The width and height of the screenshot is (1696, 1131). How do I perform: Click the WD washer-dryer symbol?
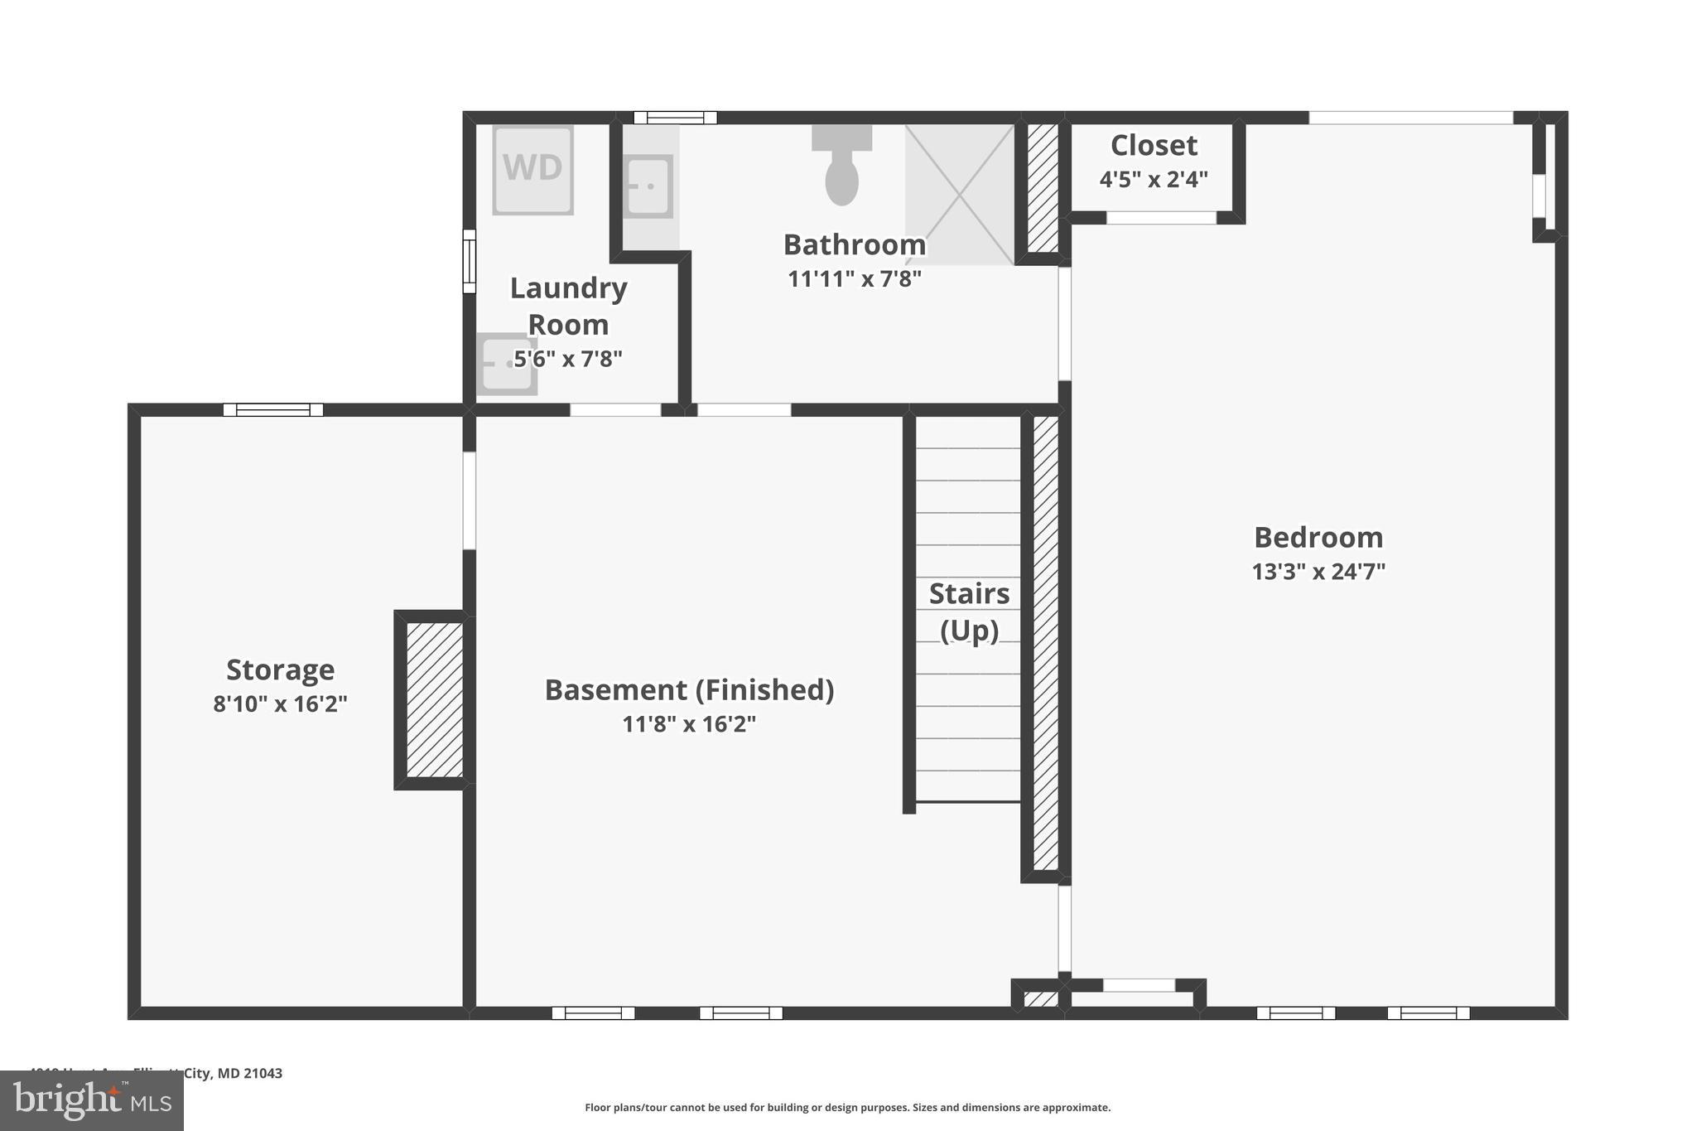click(532, 169)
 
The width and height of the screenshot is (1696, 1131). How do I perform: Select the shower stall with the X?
click(960, 195)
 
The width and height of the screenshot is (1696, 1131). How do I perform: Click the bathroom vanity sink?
click(647, 186)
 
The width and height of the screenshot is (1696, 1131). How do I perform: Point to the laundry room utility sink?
click(506, 364)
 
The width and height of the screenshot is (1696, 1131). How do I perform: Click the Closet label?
click(1154, 146)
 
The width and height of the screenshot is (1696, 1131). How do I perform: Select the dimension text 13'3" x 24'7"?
click(1318, 572)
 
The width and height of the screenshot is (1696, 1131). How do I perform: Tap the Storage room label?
click(280, 669)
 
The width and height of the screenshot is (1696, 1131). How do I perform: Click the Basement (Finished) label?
click(689, 689)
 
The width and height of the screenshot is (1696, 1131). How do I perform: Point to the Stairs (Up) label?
click(969, 611)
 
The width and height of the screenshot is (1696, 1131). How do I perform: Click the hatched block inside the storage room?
click(435, 699)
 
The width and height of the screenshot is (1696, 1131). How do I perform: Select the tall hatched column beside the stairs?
click(1046, 642)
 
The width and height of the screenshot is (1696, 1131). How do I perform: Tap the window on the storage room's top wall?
click(273, 409)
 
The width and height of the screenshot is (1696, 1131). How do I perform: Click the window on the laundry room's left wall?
click(470, 261)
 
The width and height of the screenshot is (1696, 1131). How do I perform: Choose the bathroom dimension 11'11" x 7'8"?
click(854, 279)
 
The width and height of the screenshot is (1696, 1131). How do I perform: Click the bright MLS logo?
click(92, 1100)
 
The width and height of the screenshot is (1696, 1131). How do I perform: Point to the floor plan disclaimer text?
click(847, 1107)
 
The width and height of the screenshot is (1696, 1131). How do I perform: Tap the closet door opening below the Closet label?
click(1161, 218)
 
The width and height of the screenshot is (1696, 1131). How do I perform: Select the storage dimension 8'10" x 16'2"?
click(280, 704)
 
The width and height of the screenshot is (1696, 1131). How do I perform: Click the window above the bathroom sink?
click(675, 118)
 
